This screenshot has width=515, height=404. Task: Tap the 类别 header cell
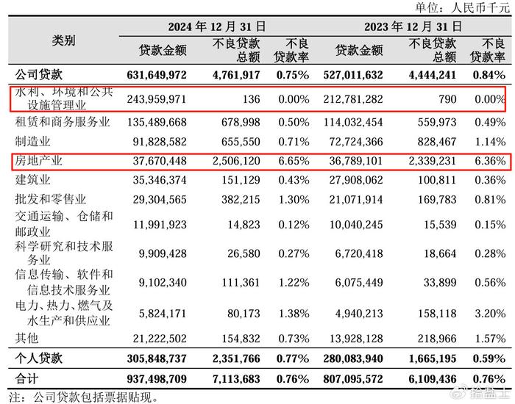tap(63, 41)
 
